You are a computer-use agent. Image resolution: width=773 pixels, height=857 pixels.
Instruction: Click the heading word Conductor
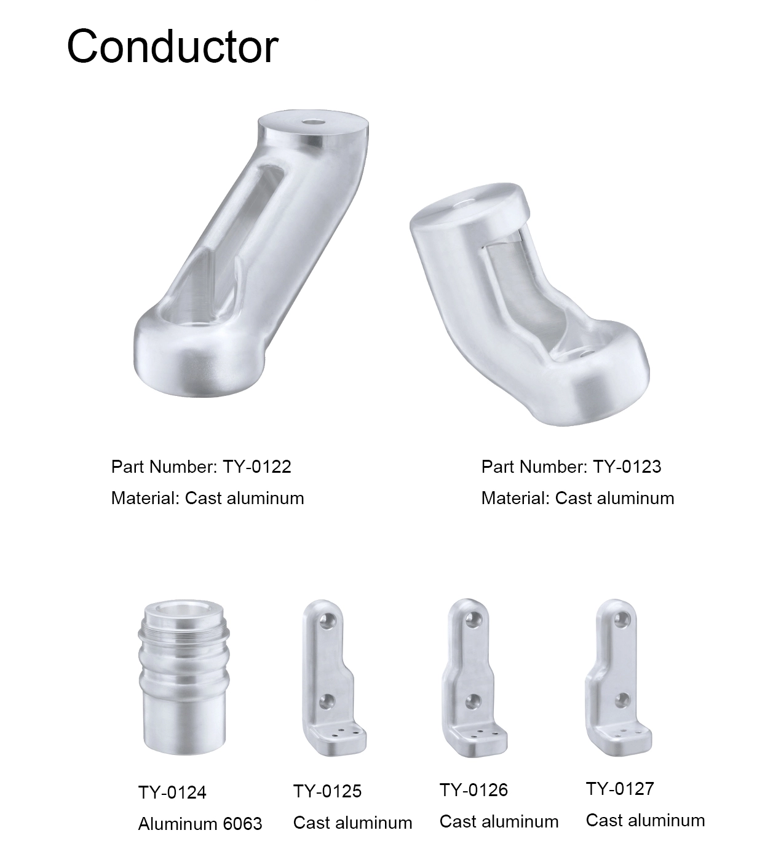[x=172, y=46]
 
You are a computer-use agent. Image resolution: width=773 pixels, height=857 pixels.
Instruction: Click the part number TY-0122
[x=256, y=467]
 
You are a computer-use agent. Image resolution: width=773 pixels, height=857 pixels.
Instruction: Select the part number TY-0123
[x=627, y=467]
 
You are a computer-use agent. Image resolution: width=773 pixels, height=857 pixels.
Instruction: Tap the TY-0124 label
[x=172, y=792]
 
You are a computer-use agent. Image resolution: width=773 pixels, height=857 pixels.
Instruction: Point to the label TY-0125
[x=327, y=791]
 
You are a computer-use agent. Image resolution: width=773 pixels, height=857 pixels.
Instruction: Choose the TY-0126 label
[x=474, y=790]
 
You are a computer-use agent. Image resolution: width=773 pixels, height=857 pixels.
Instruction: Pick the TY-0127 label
[x=620, y=789]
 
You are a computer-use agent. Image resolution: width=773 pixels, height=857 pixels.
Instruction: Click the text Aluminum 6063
[x=200, y=824]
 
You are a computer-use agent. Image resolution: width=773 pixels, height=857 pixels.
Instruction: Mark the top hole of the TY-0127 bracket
[x=623, y=617]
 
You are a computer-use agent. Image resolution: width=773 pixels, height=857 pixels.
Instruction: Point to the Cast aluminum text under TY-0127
[x=645, y=820]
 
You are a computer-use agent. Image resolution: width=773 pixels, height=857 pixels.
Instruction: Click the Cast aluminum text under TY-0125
[x=352, y=823]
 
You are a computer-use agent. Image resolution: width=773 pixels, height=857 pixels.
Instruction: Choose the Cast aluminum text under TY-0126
[x=499, y=821]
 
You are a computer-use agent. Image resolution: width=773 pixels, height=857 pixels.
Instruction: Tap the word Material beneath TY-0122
[x=145, y=498]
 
